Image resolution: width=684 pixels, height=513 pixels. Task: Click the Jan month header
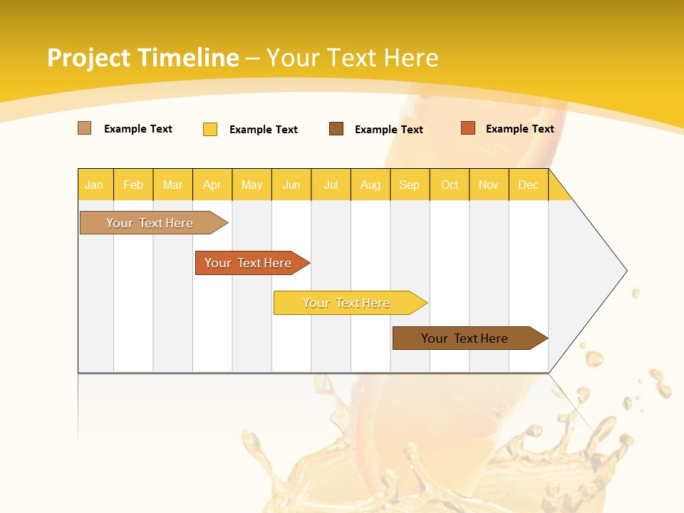point(95,185)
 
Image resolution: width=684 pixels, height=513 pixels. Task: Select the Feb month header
point(133,185)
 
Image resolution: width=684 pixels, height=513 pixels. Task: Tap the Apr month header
point(212,185)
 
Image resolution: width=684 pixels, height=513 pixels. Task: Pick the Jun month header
point(291,185)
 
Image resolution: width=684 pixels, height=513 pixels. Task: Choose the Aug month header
point(370,185)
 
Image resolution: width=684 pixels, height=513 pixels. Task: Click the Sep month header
point(410,185)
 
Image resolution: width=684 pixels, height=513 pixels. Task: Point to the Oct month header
point(450,185)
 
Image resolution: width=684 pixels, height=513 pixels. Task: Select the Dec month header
point(529,185)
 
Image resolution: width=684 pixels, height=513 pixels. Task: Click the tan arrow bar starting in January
point(150,223)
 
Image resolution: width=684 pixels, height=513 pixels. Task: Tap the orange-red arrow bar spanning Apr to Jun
point(248,263)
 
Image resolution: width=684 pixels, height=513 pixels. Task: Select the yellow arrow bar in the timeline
point(346,303)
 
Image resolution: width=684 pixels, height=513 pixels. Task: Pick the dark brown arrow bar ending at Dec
point(465,338)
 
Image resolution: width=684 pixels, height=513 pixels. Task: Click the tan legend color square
point(84,128)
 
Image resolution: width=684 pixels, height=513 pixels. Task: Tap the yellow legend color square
point(210,129)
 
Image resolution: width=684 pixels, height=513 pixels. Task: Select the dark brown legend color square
point(336,128)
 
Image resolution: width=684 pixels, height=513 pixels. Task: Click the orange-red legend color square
point(468,128)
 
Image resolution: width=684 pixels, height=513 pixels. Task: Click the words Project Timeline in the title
point(142,58)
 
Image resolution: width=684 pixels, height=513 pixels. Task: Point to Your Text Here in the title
point(352,58)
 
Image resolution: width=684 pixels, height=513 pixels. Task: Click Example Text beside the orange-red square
point(519,128)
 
